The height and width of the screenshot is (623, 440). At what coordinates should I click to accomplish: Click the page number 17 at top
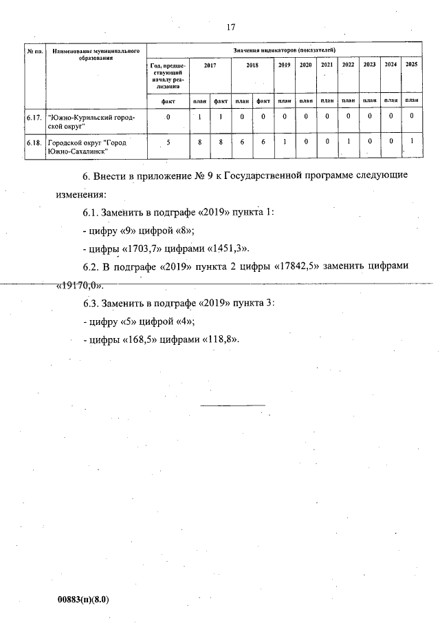[x=230, y=27]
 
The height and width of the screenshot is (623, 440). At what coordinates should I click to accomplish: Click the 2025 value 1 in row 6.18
[x=411, y=142]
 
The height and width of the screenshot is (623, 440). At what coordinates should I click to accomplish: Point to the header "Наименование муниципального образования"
[x=96, y=55]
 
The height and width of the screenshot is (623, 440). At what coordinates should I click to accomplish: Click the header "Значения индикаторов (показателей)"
[x=284, y=50]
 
